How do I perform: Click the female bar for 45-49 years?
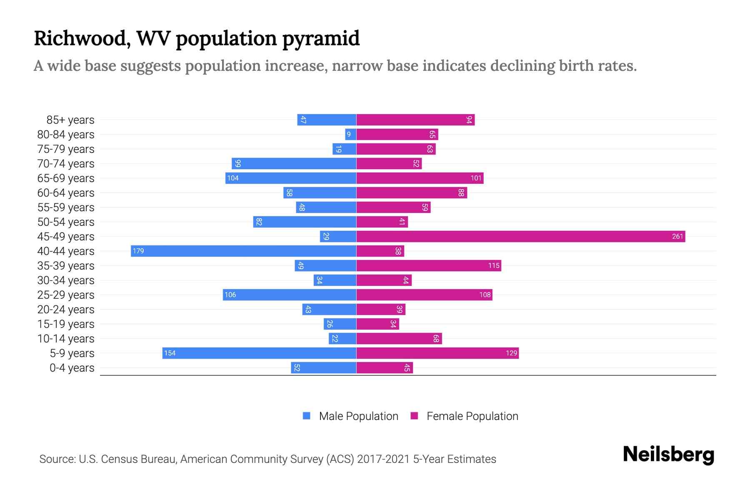(521, 237)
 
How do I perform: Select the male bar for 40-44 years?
(244, 251)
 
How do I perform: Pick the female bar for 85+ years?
(415, 120)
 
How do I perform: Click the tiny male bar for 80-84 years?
(350, 135)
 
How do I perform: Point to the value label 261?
(677, 237)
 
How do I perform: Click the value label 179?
(138, 251)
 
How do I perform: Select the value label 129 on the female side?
(511, 353)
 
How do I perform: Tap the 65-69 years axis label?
(66, 178)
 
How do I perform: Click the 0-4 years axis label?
(72, 368)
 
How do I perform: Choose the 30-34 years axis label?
(66, 280)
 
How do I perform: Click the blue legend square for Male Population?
(307, 416)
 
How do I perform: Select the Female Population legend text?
(472, 416)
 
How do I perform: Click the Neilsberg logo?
(668, 455)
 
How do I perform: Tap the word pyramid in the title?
(321, 39)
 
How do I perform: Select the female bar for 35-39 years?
(429, 266)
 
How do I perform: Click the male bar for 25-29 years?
(290, 295)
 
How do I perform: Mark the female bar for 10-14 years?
(399, 339)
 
